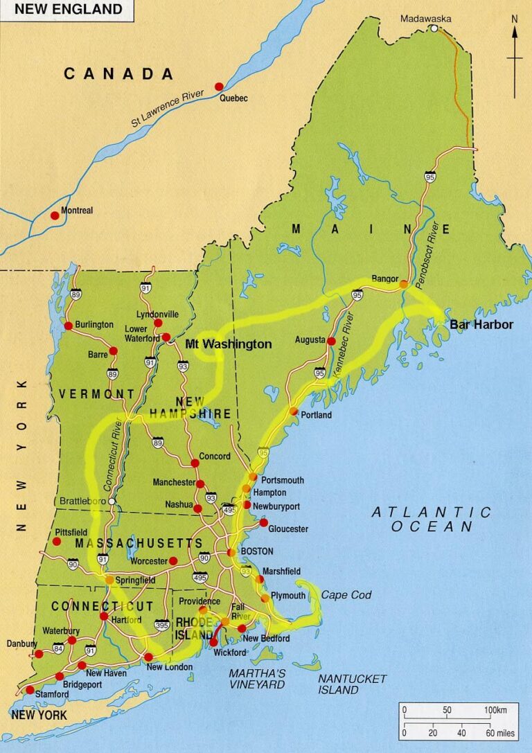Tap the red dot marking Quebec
coord(219,87)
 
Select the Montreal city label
coord(77,211)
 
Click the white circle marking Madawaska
coord(434,29)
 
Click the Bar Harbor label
coord(481,324)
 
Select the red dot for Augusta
coord(331,342)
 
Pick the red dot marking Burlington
coord(68,326)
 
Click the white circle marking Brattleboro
coord(112,500)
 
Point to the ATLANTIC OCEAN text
coord(431,520)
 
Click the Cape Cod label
coord(346,595)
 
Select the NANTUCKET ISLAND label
coord(352,684)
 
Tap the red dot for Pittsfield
coord(57,542)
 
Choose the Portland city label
coord(317,415)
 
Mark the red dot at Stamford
coord(30,690)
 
